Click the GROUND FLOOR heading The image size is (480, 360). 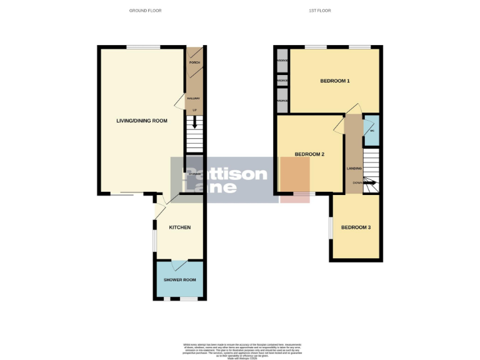(145, 11)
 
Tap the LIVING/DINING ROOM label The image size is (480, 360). (142, 121)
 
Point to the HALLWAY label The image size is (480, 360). (194, 98)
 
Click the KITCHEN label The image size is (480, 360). (180, 227)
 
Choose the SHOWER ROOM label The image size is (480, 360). (180, 280)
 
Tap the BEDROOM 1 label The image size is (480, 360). (335, 81)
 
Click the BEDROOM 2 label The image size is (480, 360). (309, 154)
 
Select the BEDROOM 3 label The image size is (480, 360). (356, 227)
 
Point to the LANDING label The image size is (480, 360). (354, 169)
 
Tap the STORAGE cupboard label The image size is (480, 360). (194, 173)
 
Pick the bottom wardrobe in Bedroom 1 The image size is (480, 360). (282, 101)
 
